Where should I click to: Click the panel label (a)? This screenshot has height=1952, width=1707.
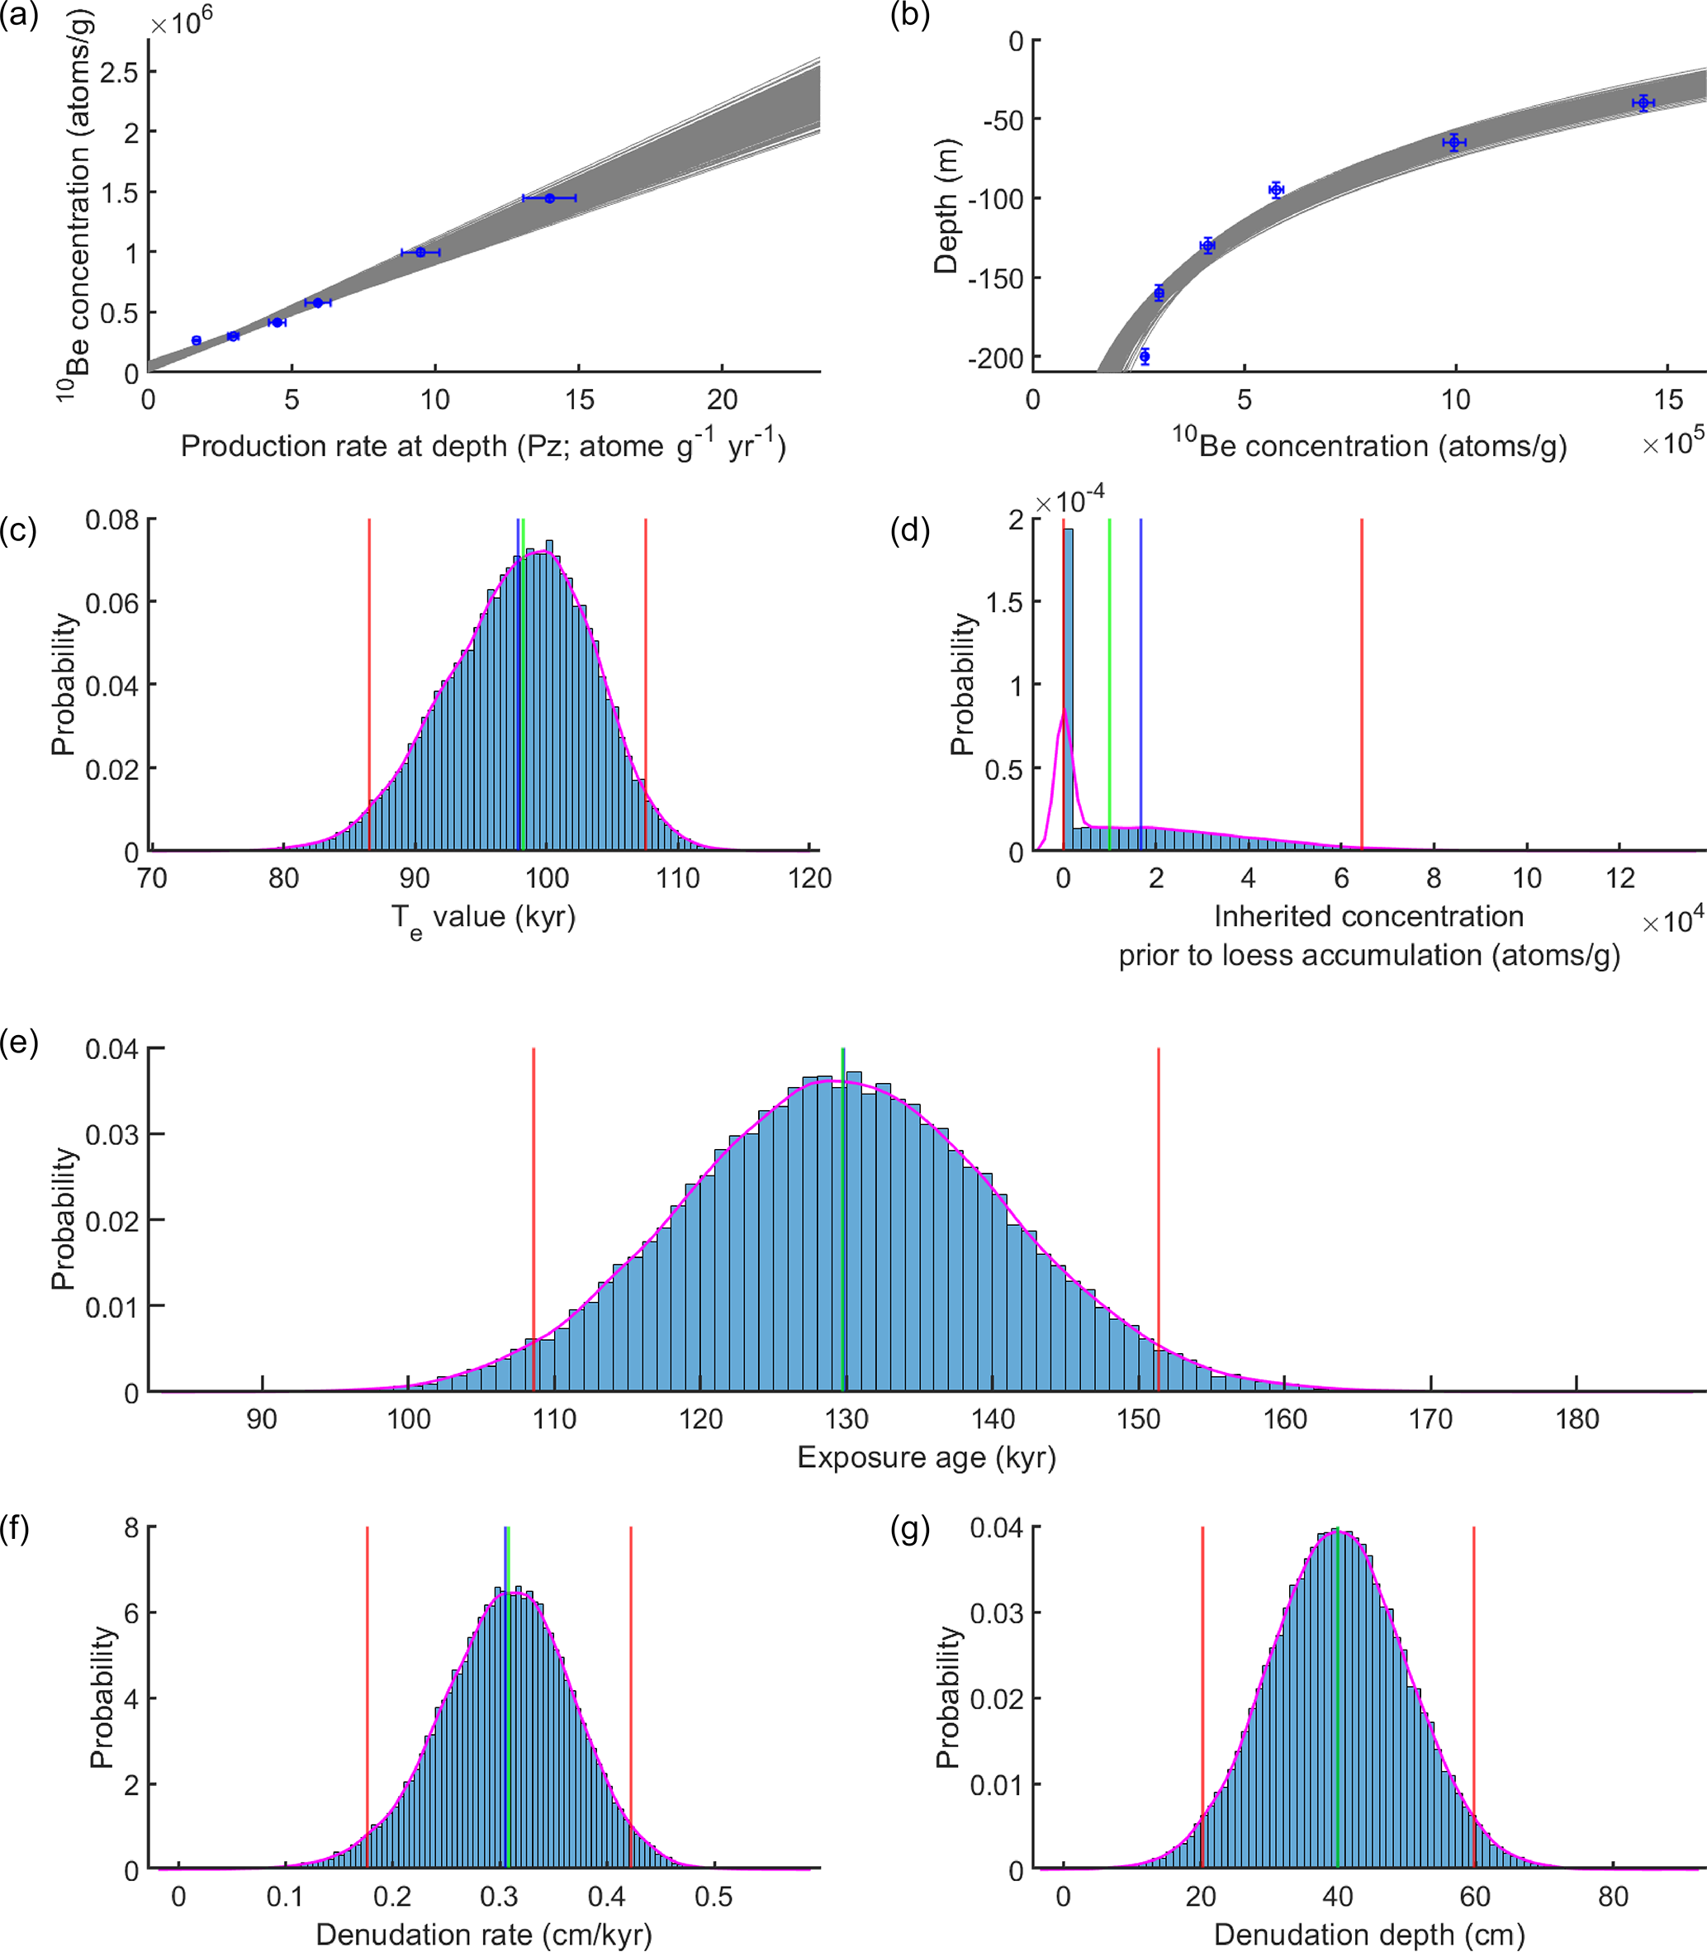point(19,17)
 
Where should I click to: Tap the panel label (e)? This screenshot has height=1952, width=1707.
point(19,1043)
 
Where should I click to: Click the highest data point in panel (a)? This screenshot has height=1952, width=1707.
point(550,198)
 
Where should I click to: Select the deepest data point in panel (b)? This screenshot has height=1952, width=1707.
point(1144,356)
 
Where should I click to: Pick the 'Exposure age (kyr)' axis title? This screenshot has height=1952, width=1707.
point(926,1457)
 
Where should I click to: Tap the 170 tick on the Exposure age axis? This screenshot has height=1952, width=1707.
point(1430,1419)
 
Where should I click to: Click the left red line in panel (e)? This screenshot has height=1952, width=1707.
point(533,1219)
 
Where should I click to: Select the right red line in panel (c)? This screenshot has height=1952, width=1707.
point(646,686)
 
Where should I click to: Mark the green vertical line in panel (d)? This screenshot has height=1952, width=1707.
point(1110,686)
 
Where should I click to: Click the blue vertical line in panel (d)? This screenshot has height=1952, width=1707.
point(1140,686)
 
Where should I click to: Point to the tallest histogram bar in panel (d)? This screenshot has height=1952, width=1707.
point(1068,686)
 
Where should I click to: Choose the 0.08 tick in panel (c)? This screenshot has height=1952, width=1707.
point(111,520)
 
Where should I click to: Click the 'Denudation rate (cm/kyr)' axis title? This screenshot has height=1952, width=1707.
point(484,1934)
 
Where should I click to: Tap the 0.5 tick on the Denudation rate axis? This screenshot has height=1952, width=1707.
point(714,1897)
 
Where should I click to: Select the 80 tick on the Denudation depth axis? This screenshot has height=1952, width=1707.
point(1613,1897)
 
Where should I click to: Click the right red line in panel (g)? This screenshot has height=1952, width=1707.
point(1473,1696)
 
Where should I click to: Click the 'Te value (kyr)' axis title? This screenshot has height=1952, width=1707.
point(484,919)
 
